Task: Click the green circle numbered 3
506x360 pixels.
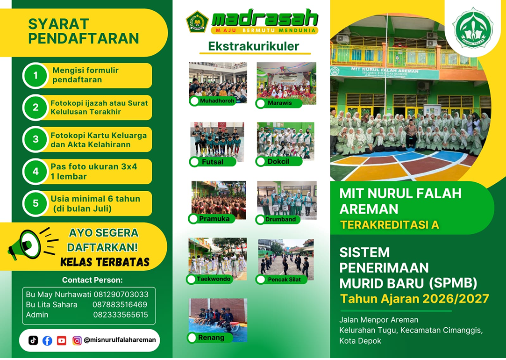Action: tap(36, 139)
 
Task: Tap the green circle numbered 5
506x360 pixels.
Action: tap(36, 203)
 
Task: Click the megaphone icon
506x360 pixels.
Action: tap(33, 243)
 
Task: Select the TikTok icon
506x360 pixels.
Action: tap(33, 340)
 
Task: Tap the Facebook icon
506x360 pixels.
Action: tap(48, 340)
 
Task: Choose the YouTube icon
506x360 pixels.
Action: tap(62, 340)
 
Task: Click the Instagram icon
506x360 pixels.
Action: tap(77, 340)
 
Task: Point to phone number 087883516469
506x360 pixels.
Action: tap(120, 304)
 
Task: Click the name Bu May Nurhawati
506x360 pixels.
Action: tap(58, 295)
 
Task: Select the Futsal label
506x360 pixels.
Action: tap(213, 162)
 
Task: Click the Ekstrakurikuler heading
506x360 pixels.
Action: tap(254, 46)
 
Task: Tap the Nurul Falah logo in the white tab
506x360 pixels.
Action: tap(473, 28)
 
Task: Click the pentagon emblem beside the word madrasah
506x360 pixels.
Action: tap(197, 22)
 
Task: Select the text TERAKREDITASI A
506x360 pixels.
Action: tap(390, 224)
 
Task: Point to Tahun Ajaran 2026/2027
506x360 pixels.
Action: tap(415, 299)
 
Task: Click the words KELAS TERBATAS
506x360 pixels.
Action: tap(105, 262)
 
